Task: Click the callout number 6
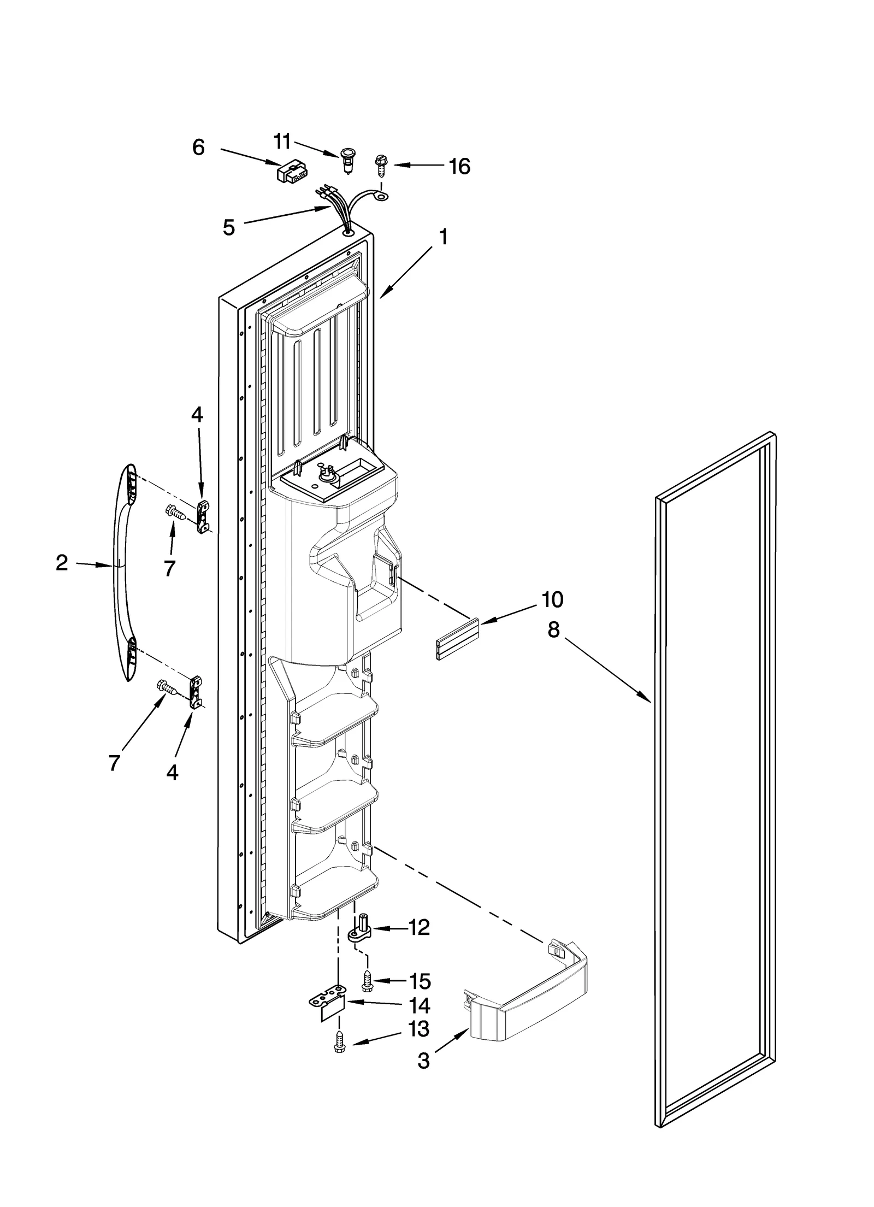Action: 198,148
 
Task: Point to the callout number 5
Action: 229,227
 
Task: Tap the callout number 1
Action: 444,237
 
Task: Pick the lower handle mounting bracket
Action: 195,692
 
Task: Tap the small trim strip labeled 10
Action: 457,640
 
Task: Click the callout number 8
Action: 553,630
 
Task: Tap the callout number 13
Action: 419,1029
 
